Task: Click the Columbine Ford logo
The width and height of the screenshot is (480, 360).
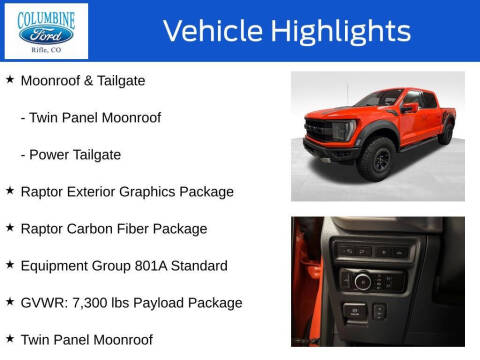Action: (x=46, y=31)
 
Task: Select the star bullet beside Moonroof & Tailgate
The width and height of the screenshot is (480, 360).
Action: (x=10, y=80)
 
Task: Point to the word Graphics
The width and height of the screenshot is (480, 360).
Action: (x=162, y=191)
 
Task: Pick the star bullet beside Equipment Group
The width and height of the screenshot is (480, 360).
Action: (x=10, y=265)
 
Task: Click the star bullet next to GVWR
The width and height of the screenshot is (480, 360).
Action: (x=10, y=302)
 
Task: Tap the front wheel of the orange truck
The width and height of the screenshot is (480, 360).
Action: (x=376, y=158)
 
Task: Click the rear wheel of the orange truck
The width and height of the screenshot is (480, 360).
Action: (x=446, y=132)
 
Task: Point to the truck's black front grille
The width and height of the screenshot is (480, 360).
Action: (x=323, y=133)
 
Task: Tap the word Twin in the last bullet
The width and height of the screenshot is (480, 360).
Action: (x=37, y=339)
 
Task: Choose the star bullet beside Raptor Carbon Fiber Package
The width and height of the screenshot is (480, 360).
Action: (x=10, y=228)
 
